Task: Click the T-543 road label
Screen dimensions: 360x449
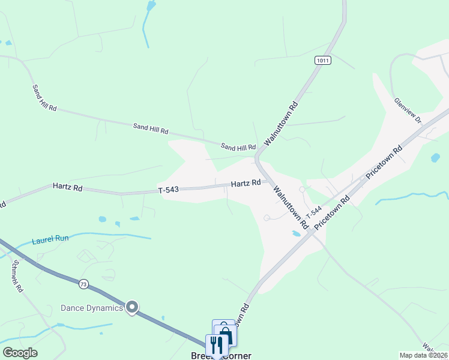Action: point(169,190)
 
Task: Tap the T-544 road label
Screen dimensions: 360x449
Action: point(314,212)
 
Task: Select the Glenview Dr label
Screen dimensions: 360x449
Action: point(408,112)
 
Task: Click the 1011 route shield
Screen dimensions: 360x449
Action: point(322,61)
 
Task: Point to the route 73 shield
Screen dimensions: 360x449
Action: point(83,283)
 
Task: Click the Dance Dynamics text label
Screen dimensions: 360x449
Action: point(92,308)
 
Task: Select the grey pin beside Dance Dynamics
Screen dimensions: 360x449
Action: point(133,308)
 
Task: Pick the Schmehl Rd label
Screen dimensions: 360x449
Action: point(16,277)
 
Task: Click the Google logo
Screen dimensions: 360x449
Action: point(20,353)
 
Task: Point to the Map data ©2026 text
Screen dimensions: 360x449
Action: point(424,355)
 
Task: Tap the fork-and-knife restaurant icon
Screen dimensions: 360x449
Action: point(215,344)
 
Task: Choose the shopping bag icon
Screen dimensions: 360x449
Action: point(226,335)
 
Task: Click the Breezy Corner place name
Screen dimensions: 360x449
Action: point(220,356)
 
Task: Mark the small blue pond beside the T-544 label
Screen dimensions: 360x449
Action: point(296,233)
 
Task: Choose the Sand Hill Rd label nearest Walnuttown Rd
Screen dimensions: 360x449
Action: point(238,147)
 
